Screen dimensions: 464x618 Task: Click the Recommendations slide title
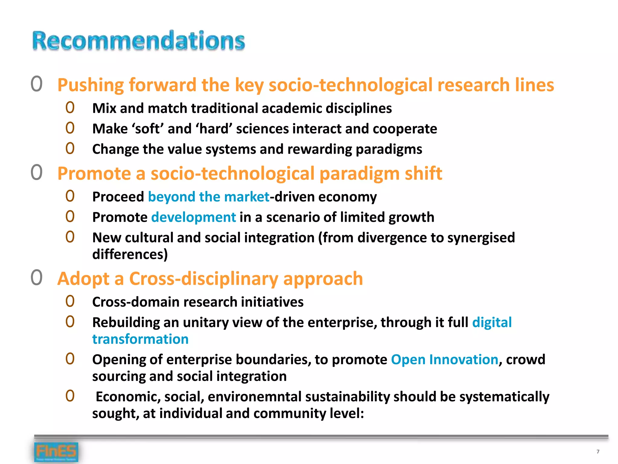(139, 40)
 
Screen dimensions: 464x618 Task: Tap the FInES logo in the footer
(56, 452)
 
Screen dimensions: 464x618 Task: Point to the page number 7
(598, 452)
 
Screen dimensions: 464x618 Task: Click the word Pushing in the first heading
(91, 85)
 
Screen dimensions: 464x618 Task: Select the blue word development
(193, 217)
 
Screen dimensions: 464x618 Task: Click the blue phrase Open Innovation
(444, 360)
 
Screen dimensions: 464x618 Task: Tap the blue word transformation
(140, 339)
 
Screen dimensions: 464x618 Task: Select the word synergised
(481, 238)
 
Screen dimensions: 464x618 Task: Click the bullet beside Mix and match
(70, 108)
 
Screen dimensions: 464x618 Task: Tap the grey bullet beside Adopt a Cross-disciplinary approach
(37, 278)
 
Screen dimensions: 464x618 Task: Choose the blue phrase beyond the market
(209, 197)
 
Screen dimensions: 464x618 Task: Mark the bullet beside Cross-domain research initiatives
(70, 301)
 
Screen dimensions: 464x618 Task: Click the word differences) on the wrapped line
(130, 254)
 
